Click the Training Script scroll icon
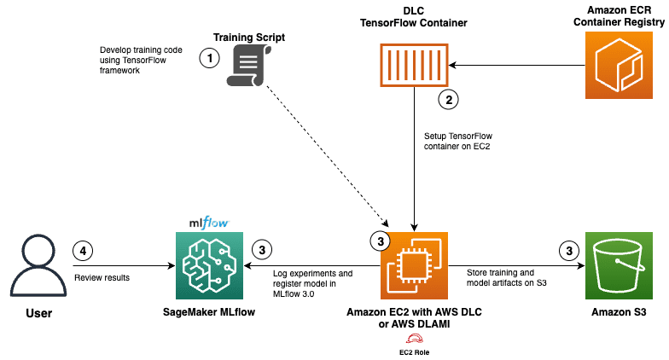[x=248, y=67]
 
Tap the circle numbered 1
[x=208, y=58]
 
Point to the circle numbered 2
[x=449, y=99]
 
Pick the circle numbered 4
[x=84, y=251]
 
